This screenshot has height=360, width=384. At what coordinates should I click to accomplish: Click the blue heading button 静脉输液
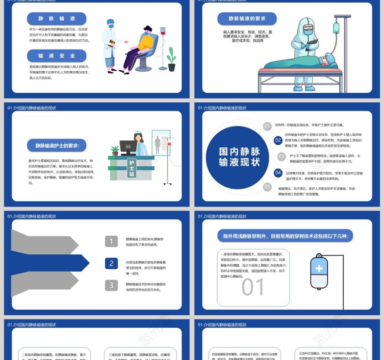[x=57, y=19]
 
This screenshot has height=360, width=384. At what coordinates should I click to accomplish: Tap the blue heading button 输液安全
[x=57, y=56]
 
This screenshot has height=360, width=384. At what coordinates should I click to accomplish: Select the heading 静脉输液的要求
[x=247, y=19]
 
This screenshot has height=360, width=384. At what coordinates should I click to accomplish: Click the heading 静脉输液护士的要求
[x=57, y=146]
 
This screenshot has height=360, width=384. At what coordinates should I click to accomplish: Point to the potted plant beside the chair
[x=171, y=60]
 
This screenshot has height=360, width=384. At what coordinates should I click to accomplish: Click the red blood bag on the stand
[x=163, y=32]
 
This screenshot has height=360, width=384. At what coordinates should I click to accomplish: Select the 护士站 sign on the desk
[x=132, y=168]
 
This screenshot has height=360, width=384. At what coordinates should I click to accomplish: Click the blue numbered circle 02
[x=278, y=140]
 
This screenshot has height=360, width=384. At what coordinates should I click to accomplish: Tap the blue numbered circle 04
[x=278, y=173]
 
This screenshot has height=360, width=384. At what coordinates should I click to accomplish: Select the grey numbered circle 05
[x=267, y=186]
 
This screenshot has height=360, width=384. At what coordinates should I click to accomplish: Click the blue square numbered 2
[x=112, y=263]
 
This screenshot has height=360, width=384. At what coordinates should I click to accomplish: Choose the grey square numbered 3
[x=112, y=286]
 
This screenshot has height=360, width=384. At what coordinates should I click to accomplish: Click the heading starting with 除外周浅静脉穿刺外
[x=285, y=236]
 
